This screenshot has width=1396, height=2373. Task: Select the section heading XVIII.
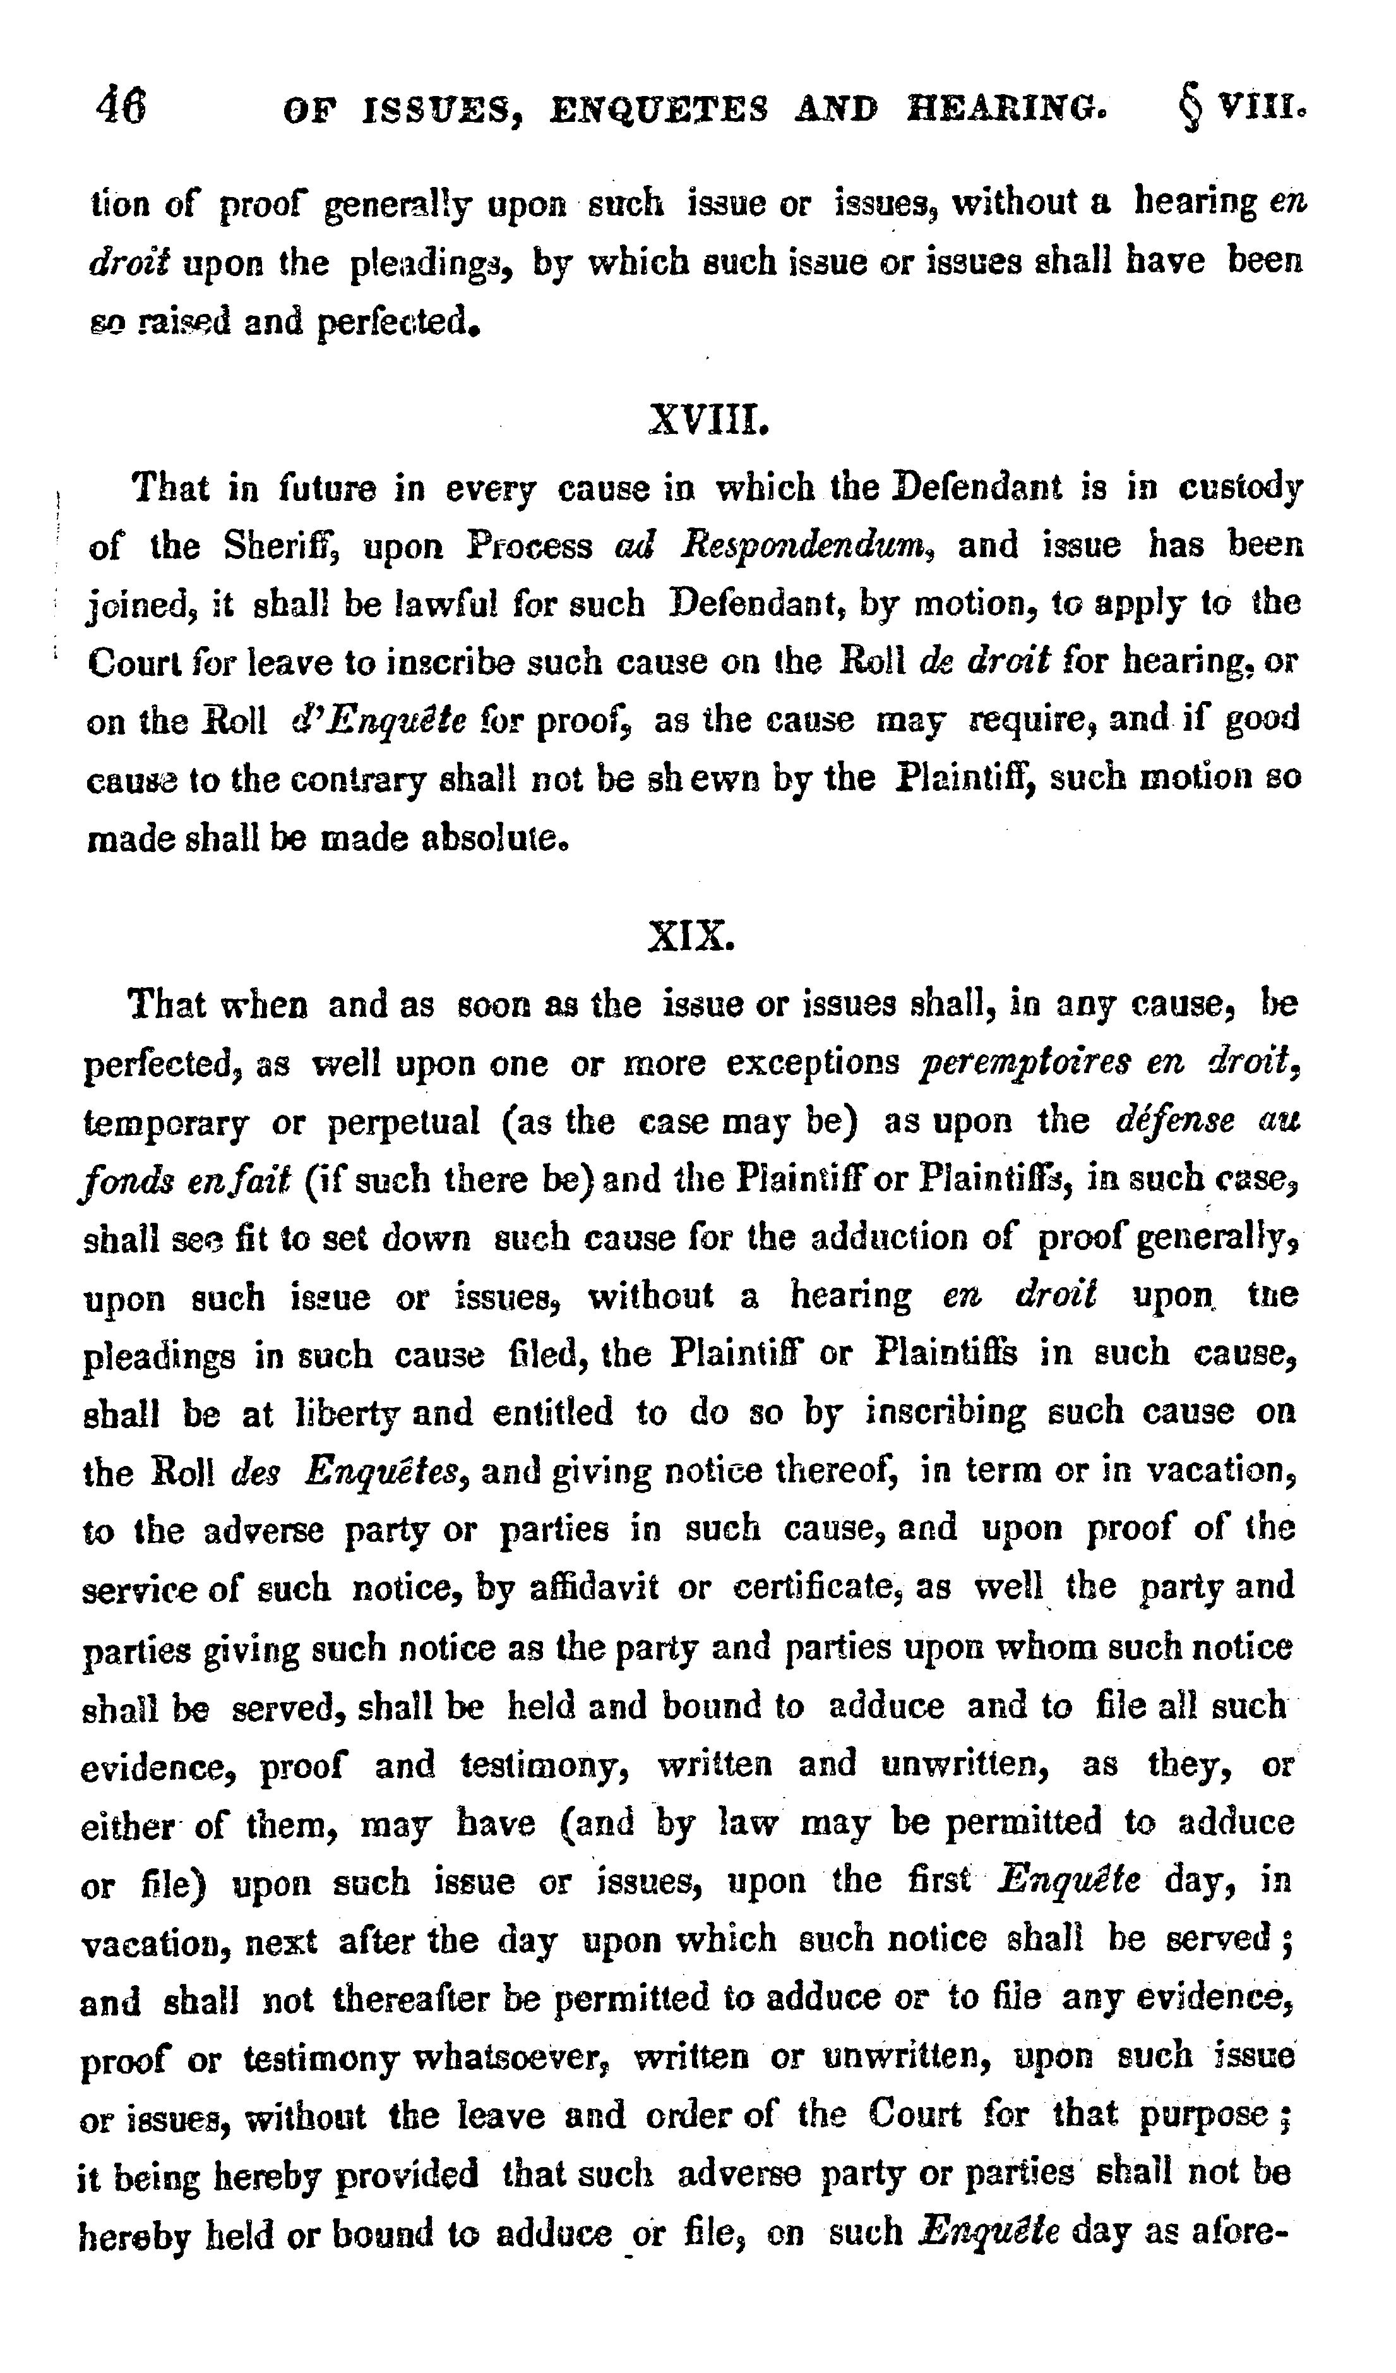[x=709, y=418]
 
